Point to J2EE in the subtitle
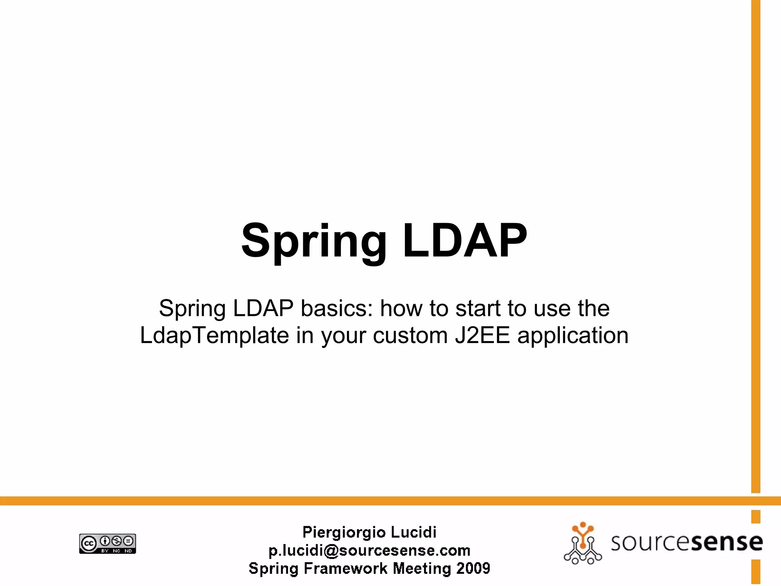tap(482, 335)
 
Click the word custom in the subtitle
tap(410, 335)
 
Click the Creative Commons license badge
tap(108, 544)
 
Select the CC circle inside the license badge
tap(89, 544)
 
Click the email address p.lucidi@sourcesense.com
tap(369, 551)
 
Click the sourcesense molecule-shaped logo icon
tap(583, 544)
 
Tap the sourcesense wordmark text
tap(686, 542)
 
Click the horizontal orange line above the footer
tap(381, 501)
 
